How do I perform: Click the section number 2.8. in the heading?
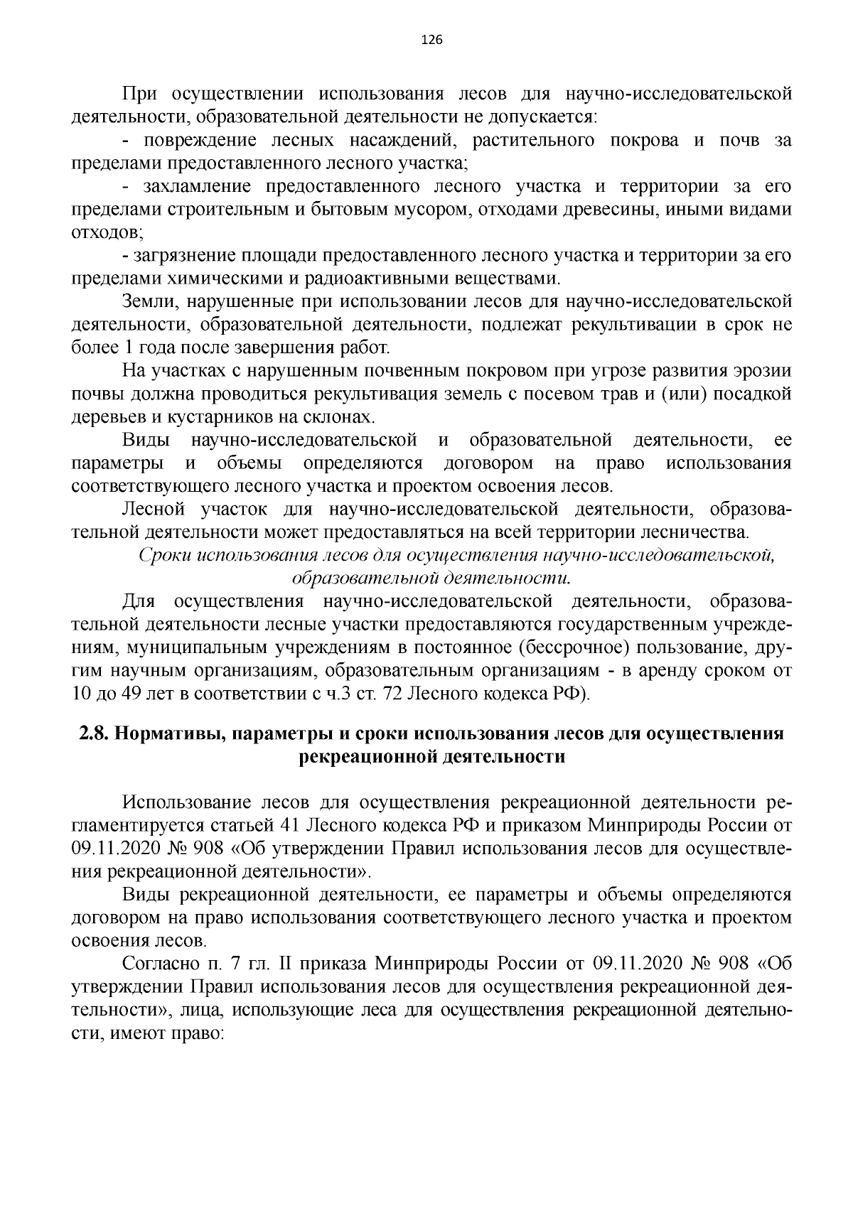pos(95,733)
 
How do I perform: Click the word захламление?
pos(196,187)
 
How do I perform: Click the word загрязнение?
pos(183,256)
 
